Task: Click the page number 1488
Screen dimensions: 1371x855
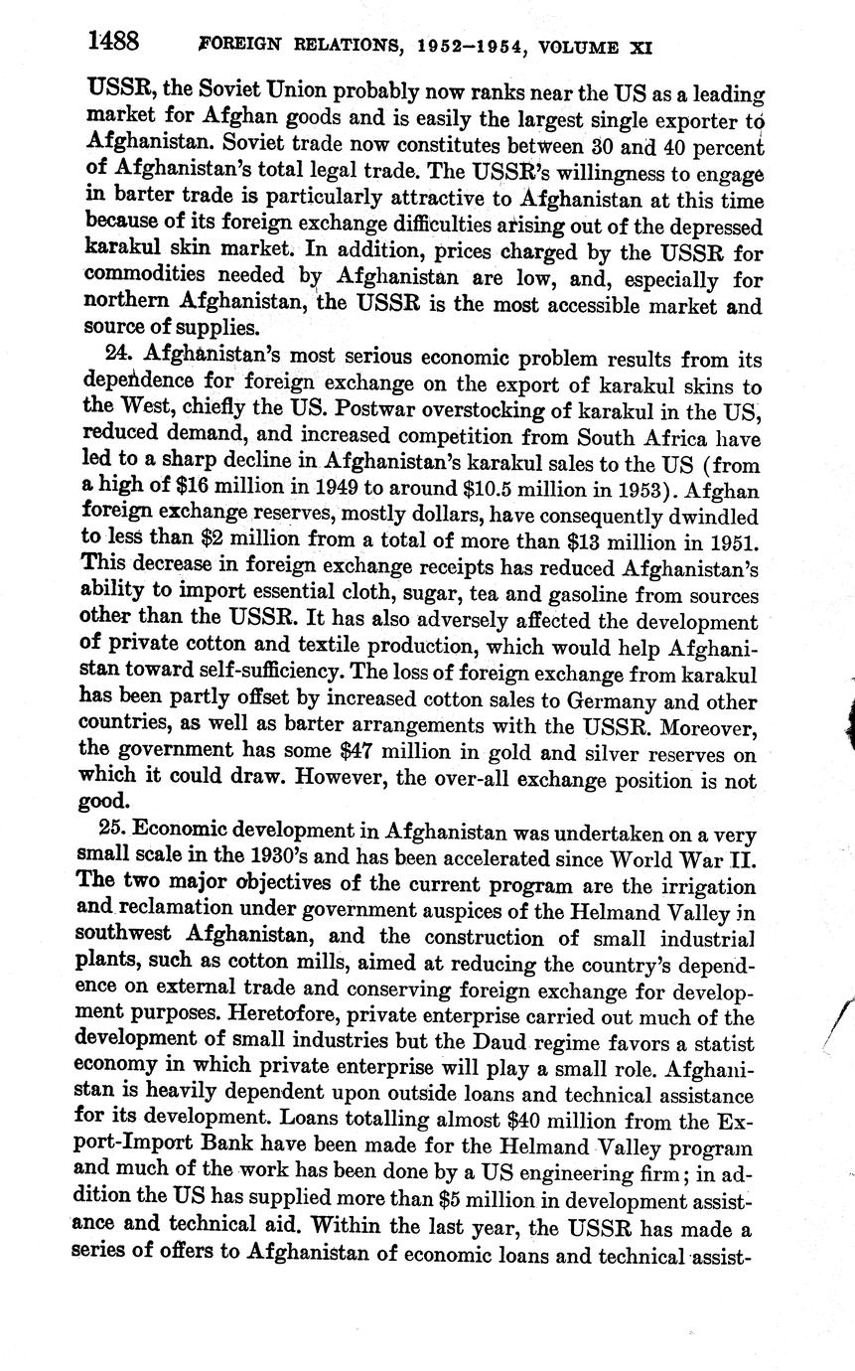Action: (x=112, y=42)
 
